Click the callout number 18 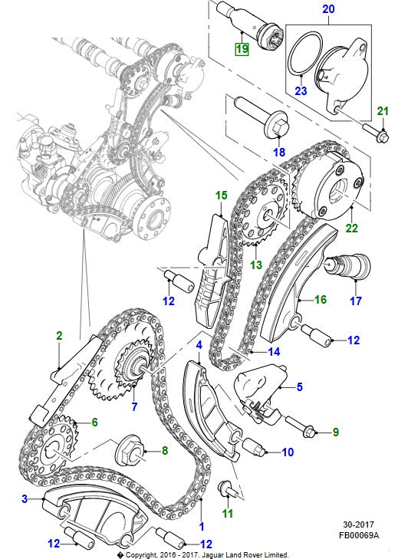click(279, 152)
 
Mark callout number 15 click(222, 196)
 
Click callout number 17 click(356, 301)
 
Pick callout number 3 click(25, 499)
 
